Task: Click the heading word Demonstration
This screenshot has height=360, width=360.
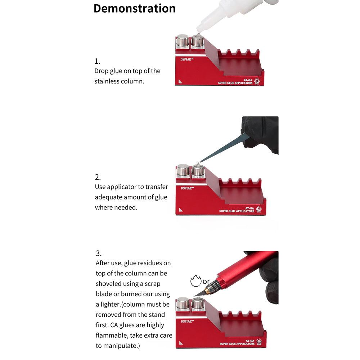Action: tap(135, 9)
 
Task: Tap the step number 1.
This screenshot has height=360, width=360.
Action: tap(97, 61)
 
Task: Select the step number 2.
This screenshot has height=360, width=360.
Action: tap(98, 177)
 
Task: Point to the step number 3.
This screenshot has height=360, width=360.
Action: tap(99, 253)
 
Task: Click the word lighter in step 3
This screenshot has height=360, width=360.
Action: tap(111, 305)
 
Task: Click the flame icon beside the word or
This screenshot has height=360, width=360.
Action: tap(195, 281)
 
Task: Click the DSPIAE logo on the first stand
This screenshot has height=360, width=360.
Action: tap(186, 59)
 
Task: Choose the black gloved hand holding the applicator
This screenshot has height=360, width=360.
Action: tap(261, 134)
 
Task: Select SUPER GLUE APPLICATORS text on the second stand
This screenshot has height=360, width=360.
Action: tap(237, 211)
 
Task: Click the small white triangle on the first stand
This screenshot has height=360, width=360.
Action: tap(180, 81)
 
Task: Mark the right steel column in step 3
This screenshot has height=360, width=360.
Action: tap(198, 303)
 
